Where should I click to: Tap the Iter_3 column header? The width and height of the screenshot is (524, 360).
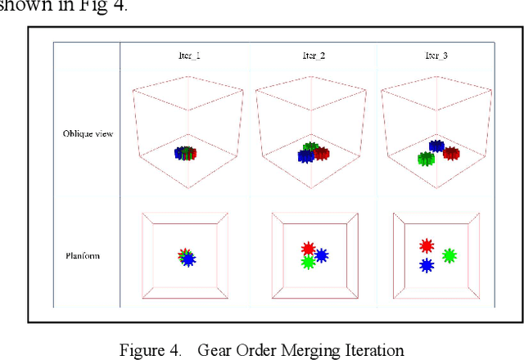pyautogui.click(x=436, y=56)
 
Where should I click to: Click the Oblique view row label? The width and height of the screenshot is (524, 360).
pyautogui.click(x=88, y=133)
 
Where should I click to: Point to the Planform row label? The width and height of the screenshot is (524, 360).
pyautogui.click(x=84, y=256)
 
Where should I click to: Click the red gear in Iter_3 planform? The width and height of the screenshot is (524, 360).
pyautogui.click(x=426, y=245)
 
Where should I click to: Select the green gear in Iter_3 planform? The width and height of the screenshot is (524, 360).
pyautogui.click(x=449, y=255)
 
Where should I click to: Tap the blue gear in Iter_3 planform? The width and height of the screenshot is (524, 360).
pyautogui.click(x=426, y=266)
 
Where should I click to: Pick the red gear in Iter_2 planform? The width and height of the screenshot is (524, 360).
pyautogui.click(x=308, y=248)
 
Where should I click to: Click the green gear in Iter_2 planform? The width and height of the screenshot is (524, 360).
pyautogui.click(x=307, y=263)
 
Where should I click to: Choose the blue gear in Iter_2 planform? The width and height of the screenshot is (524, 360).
pyautogui.click(x=322, y=256)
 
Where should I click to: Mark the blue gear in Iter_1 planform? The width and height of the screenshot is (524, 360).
pyautogui.click(x=188, y=259)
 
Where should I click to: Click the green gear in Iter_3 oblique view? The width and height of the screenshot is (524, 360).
pyautogui.click(x=425, y=159)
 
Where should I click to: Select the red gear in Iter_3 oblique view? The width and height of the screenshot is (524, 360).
pyautogui.click(x=451, y=153)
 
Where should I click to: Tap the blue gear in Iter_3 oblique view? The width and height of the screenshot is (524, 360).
pyautogui.click(x=436, y=146)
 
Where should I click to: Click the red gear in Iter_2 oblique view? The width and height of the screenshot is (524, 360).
pyautogui.click(x=321, y=153)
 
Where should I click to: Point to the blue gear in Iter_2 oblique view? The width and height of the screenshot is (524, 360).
pyautogui.click(x=305, y=156)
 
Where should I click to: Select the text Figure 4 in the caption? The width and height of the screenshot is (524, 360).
pyautogui.click(x=150, y=350)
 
